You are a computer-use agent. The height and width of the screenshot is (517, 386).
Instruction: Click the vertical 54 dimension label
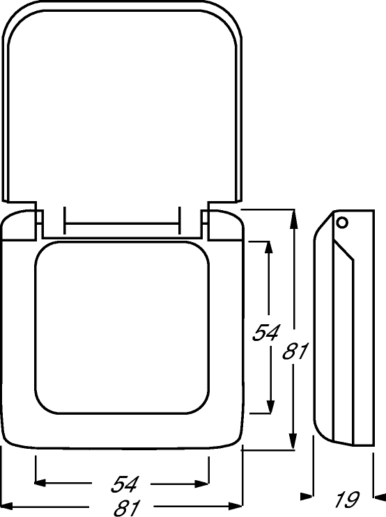(x=265, y=333)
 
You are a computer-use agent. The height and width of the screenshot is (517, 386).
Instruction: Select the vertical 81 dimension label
(x=295, y=351)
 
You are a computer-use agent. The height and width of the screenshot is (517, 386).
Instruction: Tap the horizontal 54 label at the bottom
(x=124, y=484)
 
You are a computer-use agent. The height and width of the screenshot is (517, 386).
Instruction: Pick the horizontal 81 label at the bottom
(x=127, y=508)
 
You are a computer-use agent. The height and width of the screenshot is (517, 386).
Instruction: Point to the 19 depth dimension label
(x=347, y=500)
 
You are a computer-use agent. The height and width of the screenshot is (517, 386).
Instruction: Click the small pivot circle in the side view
(x=342, y=223)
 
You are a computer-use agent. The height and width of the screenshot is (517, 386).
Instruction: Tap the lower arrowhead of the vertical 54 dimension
(x=270, y=403)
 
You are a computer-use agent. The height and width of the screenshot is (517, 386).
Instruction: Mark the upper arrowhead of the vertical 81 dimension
(x=293, y=220)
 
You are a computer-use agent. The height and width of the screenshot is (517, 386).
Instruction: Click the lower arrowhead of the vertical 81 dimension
(x=293, y=438)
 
